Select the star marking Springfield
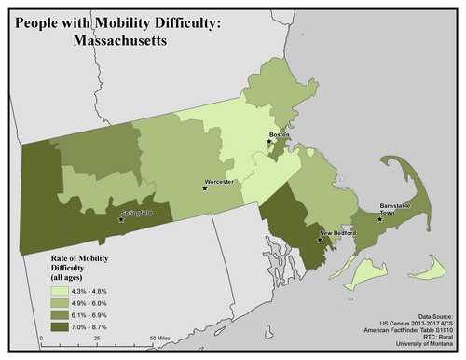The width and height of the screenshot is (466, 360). (x=122, y=222)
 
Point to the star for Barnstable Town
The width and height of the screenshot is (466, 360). (x=379, y=220)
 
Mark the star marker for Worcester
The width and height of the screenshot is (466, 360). (x=206, y=188)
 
